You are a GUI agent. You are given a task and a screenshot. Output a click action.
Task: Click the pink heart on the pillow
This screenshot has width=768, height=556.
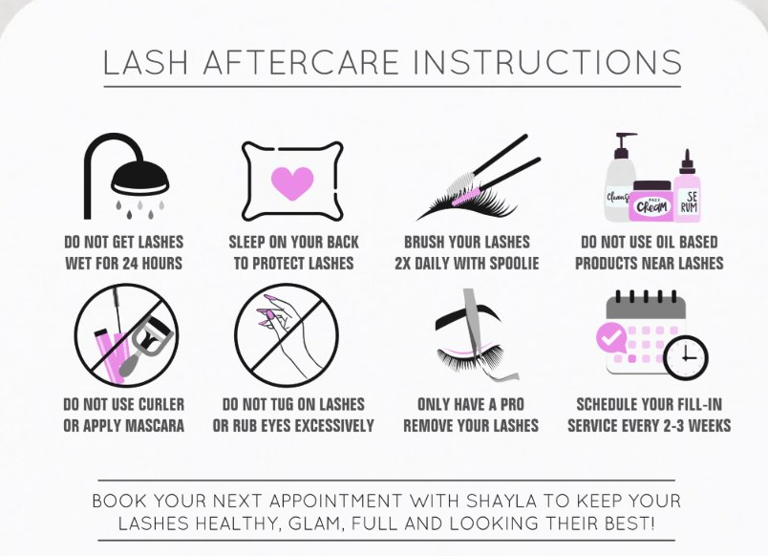(x=292, y=182)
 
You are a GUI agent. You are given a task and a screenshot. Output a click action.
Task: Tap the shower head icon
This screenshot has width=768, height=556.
(x=126, y=177)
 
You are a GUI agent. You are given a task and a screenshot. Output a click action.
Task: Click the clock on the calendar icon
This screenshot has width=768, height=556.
(x=686, y=357)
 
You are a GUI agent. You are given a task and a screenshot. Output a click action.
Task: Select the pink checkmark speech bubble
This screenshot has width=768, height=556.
(x=610, y=337)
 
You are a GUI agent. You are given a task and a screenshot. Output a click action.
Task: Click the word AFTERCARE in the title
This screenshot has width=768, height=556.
(x=301, y=62)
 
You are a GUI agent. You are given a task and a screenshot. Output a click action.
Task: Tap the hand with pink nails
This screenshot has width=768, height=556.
(x=289, y=333)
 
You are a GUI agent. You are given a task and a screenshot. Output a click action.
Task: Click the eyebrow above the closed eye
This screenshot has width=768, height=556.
(x=468, y=318)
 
